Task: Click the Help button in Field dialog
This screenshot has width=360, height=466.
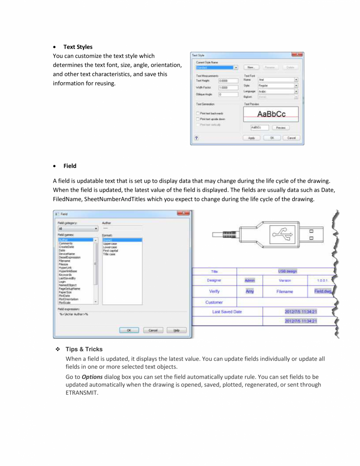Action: point(177,330)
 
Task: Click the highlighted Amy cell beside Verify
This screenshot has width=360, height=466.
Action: point(250,291)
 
